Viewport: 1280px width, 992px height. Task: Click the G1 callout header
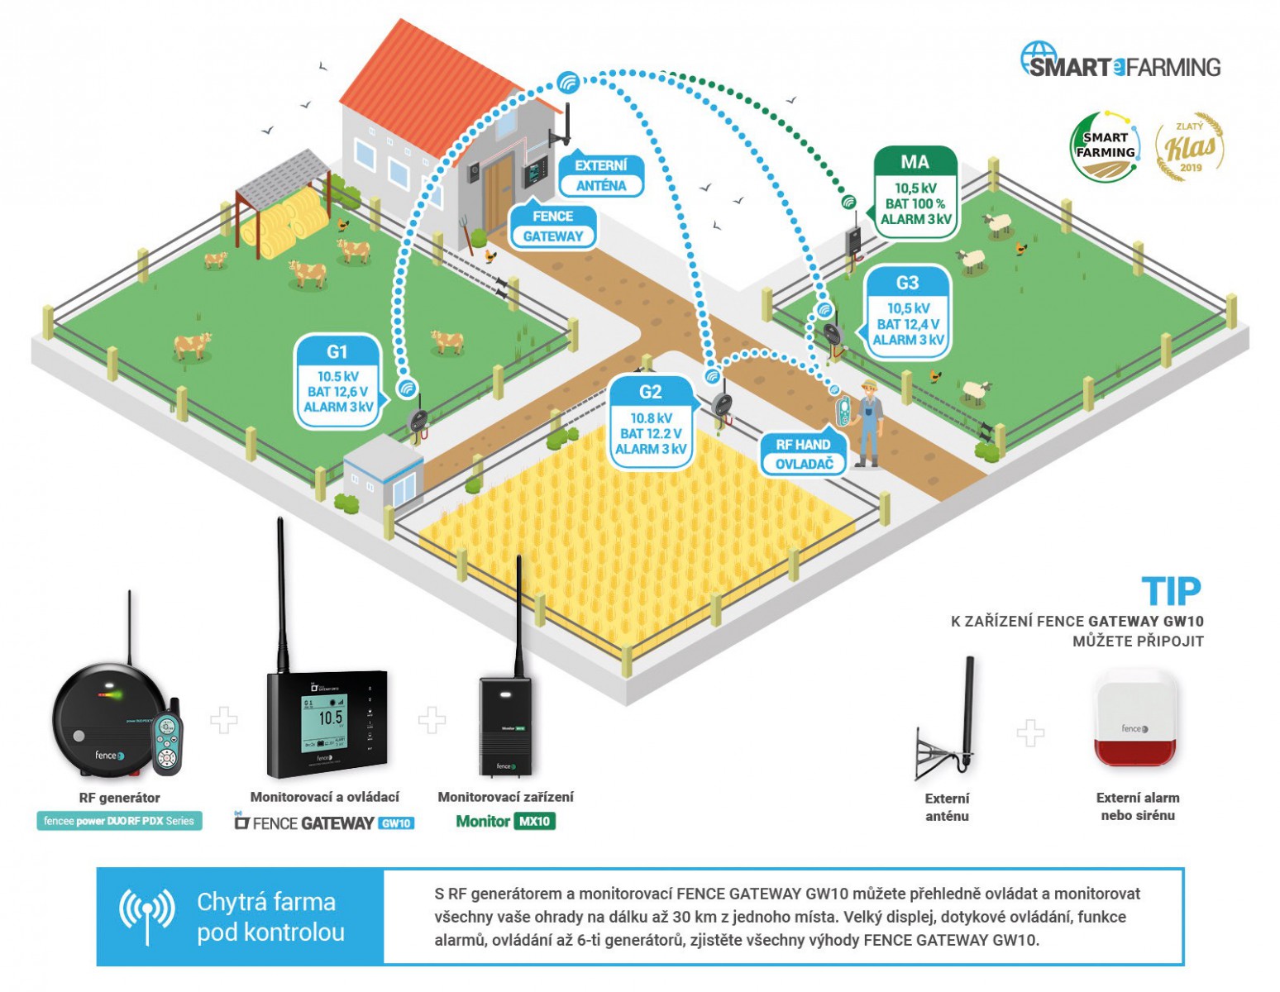pos(337,352)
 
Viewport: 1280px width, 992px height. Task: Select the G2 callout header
pos(650,392)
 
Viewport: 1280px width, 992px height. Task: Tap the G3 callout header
pos(907,283)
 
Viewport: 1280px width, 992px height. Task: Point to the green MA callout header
pos(915,163)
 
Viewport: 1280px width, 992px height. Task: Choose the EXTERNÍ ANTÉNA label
pos(601,175)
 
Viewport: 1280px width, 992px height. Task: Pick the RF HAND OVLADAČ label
pos(803,455)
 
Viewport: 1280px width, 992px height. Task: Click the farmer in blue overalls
pos(868,422)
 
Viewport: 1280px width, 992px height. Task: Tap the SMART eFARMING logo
pos(1120,63)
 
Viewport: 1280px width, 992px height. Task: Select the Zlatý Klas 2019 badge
pos(1190,147)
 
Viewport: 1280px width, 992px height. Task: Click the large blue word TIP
pos(1171,592)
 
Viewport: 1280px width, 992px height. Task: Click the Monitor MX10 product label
pos(505,822)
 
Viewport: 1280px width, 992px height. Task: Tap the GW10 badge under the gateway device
pos(396,823)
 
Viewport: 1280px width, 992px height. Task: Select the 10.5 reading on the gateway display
pos(330,718)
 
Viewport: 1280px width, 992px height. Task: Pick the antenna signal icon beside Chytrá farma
pos(147,914)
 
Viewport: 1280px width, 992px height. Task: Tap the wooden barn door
pos(498,194)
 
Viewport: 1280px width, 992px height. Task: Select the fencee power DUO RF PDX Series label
pos(119,822)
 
